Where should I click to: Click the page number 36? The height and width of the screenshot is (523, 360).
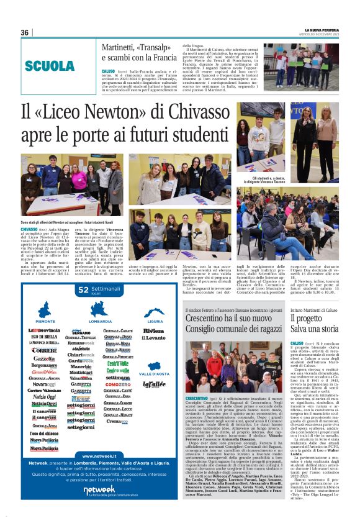click(x=25, y=32)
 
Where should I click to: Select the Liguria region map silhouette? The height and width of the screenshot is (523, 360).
click(x=153, y=313)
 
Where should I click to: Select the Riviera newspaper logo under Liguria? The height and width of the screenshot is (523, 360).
click(x=153, y=331)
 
